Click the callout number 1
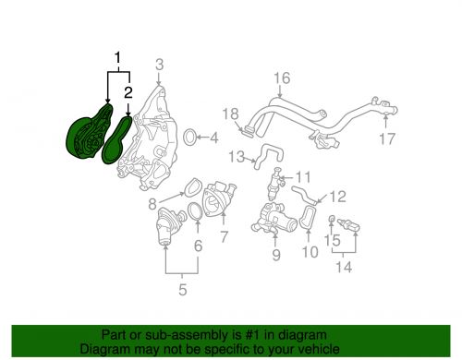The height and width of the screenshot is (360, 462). pos(117,60)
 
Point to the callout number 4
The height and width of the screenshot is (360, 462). pos(213,140)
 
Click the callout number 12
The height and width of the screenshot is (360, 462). pos(337,195)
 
